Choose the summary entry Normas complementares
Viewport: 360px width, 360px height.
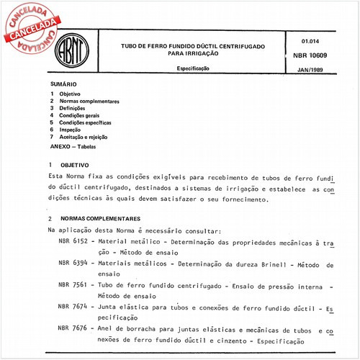point(89,102)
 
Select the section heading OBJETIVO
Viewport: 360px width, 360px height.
point(74,165)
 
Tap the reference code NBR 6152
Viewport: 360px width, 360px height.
point(74,242)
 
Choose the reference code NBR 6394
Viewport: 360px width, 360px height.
point(74,264)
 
